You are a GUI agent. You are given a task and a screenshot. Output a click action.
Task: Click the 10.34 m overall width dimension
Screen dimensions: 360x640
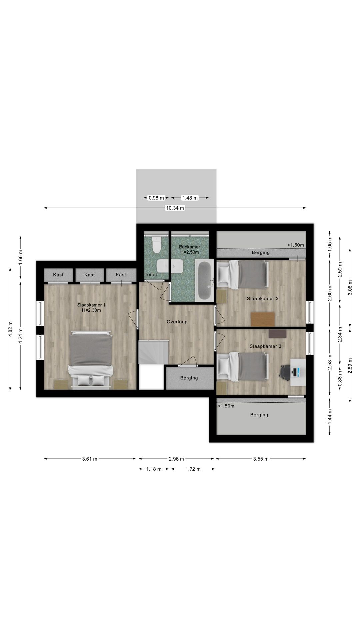[x=175, y=208]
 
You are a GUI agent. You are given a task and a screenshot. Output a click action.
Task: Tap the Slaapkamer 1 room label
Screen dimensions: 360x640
[x=91, y=305]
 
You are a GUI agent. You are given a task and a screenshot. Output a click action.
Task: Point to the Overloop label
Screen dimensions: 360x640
[x=177, y=322]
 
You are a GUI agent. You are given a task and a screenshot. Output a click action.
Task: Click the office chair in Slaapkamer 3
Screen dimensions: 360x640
[x=285, y=372]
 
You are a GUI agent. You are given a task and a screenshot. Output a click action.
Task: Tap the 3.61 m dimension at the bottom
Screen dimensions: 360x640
[x=90, y=459]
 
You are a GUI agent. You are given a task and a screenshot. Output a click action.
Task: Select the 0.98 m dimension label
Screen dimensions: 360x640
[x=156, y=198]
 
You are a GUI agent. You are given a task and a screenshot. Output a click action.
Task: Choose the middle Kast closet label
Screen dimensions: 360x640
[x=89, y=275]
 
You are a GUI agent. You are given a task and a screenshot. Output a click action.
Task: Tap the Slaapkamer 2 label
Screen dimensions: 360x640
[x=263, y=298]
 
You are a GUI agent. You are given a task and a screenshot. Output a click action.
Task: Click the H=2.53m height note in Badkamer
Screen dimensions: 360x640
[x=189, y=252]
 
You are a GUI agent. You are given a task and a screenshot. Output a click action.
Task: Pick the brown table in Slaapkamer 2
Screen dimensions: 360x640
[x=263, y=319]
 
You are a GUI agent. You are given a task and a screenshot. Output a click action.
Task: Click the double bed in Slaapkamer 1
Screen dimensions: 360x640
[x=90, y=360]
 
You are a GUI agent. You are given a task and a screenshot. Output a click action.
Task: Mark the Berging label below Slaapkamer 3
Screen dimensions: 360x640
[x=259, y=415]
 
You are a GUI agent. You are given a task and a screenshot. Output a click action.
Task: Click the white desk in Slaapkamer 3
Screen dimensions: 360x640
[x=298, y=372]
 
